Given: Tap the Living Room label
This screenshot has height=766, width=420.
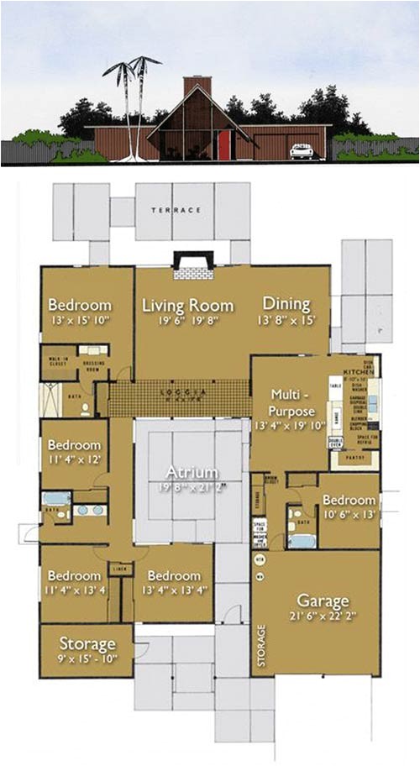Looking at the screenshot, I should [176, 304].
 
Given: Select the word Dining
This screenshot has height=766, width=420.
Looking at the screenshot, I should [286, 303].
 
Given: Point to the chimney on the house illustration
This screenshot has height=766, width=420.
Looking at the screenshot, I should [197, 87].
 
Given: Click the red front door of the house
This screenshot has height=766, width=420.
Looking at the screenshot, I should [223, 145].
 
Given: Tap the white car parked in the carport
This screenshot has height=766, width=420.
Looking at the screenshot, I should [301, 151].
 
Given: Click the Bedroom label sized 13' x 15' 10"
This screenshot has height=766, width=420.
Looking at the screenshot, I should [80, 305].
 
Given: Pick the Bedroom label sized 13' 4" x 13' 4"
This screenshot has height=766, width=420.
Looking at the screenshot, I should [174, 576].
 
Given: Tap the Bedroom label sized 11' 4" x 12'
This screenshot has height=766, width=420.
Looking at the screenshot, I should [74, 445].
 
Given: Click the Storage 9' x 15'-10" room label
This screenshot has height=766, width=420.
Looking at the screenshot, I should [87, 644].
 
